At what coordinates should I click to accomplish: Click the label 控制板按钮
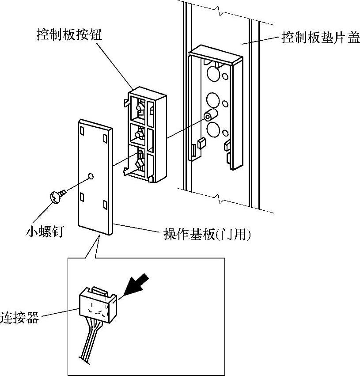(69, 34)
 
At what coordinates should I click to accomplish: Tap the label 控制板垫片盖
(321, 38)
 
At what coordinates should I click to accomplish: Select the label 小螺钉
(45, 232)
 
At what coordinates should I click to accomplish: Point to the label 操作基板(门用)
(207, 234)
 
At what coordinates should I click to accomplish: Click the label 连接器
(19, 318)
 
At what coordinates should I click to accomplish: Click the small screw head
(55, 197)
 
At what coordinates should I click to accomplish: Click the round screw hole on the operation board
(91, 176)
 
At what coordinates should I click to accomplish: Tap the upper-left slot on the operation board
(82, 131)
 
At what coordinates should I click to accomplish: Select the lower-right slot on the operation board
(105, 205)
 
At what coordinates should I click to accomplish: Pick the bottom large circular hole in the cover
(213, 129)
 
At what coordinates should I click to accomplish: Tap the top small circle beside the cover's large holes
(225, 76)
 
